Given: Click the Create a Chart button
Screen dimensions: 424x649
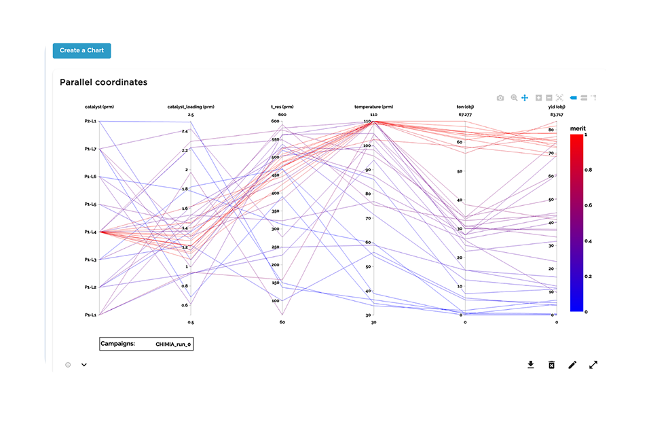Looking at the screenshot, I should click(81, 50).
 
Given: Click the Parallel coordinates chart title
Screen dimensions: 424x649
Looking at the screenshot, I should click(103, 82).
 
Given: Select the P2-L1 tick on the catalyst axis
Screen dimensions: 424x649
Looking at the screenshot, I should click(90, 121).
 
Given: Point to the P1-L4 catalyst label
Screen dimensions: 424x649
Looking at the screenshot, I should click(90, 232).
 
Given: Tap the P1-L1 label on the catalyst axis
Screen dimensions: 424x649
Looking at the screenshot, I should click(90, 315).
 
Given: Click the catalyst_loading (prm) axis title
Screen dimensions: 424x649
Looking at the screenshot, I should click(191, 107).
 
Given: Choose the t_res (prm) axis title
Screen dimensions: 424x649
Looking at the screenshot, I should click(282, 107).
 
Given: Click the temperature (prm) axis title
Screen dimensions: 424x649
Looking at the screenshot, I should click(373, 107).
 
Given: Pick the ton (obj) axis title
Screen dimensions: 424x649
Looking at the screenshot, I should click(465, 107).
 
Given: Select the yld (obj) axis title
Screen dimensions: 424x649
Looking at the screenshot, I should click(557, 107).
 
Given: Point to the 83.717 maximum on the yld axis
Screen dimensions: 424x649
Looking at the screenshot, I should click(557, 115).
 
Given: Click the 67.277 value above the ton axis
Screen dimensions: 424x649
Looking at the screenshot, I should click(465, 115).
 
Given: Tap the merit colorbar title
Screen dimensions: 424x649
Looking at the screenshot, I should click(578, 128).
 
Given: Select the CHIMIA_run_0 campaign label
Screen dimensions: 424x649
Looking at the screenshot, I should click(174, 344).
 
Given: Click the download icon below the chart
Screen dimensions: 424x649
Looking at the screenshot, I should click(531, 365).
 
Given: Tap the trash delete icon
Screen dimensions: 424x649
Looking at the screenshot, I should click(551, 365).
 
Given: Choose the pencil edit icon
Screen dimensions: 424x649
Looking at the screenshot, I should click(572, 365).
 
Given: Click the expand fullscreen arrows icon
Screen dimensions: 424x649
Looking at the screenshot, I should click(593, 365).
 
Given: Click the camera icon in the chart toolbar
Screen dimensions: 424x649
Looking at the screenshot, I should click(500, 98).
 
